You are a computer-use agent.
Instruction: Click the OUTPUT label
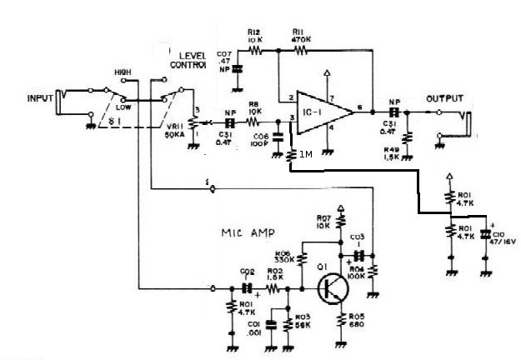(x=443, y=98)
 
